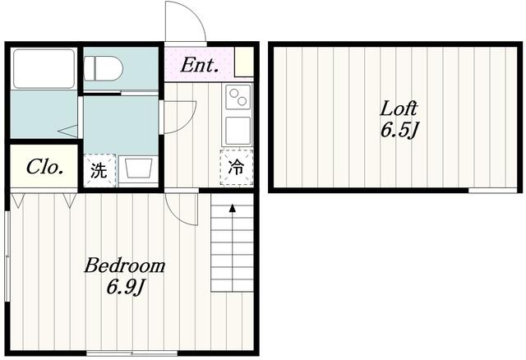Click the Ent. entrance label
(200, 65)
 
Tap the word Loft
(399, 108)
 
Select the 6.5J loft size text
(399, 130)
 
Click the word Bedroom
(124, 265)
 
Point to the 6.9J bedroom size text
(126, 288)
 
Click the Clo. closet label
(44, 167)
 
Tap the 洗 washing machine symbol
(99, 170)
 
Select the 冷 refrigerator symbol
(237, 167)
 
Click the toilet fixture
(104, 68)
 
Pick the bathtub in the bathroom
(44, 69)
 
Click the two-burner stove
(238, 97)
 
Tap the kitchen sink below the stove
(238, 131)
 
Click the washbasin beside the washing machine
(138, 169)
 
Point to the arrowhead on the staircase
(232, 208)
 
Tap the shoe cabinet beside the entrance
(244, 62)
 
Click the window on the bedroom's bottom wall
(131, 353)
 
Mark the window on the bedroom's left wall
(7, 256)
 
